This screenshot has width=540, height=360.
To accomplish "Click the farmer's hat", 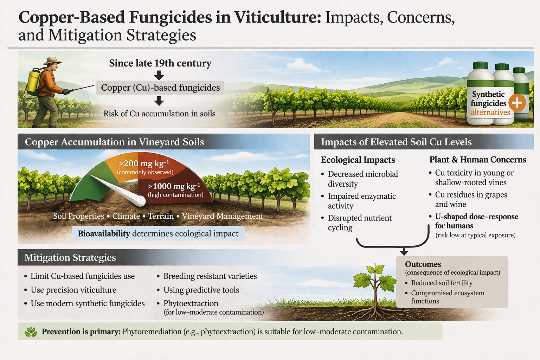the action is [52, 60].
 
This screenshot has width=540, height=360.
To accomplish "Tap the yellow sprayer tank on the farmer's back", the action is [33, 82].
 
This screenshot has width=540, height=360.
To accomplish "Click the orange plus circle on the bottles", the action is [517, 103].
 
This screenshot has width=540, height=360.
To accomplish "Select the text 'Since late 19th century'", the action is [160, 63].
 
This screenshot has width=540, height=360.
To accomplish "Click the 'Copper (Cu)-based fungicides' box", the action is [160, 88].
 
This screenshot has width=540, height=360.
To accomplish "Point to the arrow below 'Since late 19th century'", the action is [159, 75].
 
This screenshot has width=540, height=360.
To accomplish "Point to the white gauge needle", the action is [118, 191].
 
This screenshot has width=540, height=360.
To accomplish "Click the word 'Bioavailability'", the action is [104, 233].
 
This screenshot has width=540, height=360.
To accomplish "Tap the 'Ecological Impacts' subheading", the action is [358, 160].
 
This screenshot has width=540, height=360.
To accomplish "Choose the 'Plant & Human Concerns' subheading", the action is [478, 159].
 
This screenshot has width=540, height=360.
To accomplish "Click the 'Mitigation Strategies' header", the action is [70, 258].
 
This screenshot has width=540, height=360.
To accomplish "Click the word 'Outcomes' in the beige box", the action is [423, 264].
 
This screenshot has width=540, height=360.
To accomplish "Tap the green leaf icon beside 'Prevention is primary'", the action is [31, 332].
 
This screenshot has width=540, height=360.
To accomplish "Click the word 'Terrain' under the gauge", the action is [161, 216].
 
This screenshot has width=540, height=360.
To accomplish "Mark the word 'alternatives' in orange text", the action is [490, 112].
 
